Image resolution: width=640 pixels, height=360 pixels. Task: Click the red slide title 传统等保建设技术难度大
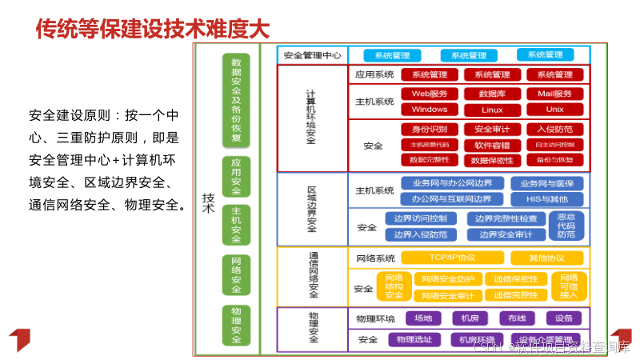[152, 30]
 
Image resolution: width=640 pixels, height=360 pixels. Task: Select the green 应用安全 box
[236, 176]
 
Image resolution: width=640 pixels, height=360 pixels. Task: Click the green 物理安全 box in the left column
[236, 325]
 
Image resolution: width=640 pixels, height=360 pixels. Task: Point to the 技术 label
[208, 203]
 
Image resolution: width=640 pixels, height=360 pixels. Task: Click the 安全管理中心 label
[312, 55]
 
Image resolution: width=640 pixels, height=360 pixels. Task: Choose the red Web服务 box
[430, 94]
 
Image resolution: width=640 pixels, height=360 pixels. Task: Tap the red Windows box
[430, 110]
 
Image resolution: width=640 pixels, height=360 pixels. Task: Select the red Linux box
[492, 110]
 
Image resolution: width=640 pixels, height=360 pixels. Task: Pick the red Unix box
[554, 110]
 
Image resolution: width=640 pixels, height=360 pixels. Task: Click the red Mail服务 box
[554, 94]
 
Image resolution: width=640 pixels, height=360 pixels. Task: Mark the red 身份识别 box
[430, 129]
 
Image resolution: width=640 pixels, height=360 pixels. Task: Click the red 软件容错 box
[492, 145]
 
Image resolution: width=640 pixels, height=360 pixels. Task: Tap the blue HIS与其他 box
[547, 198]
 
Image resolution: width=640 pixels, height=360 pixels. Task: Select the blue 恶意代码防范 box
[566, 226]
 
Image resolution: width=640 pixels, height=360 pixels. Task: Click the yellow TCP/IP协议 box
[452, 258]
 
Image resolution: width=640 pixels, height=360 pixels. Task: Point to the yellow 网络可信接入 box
[569, 286]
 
